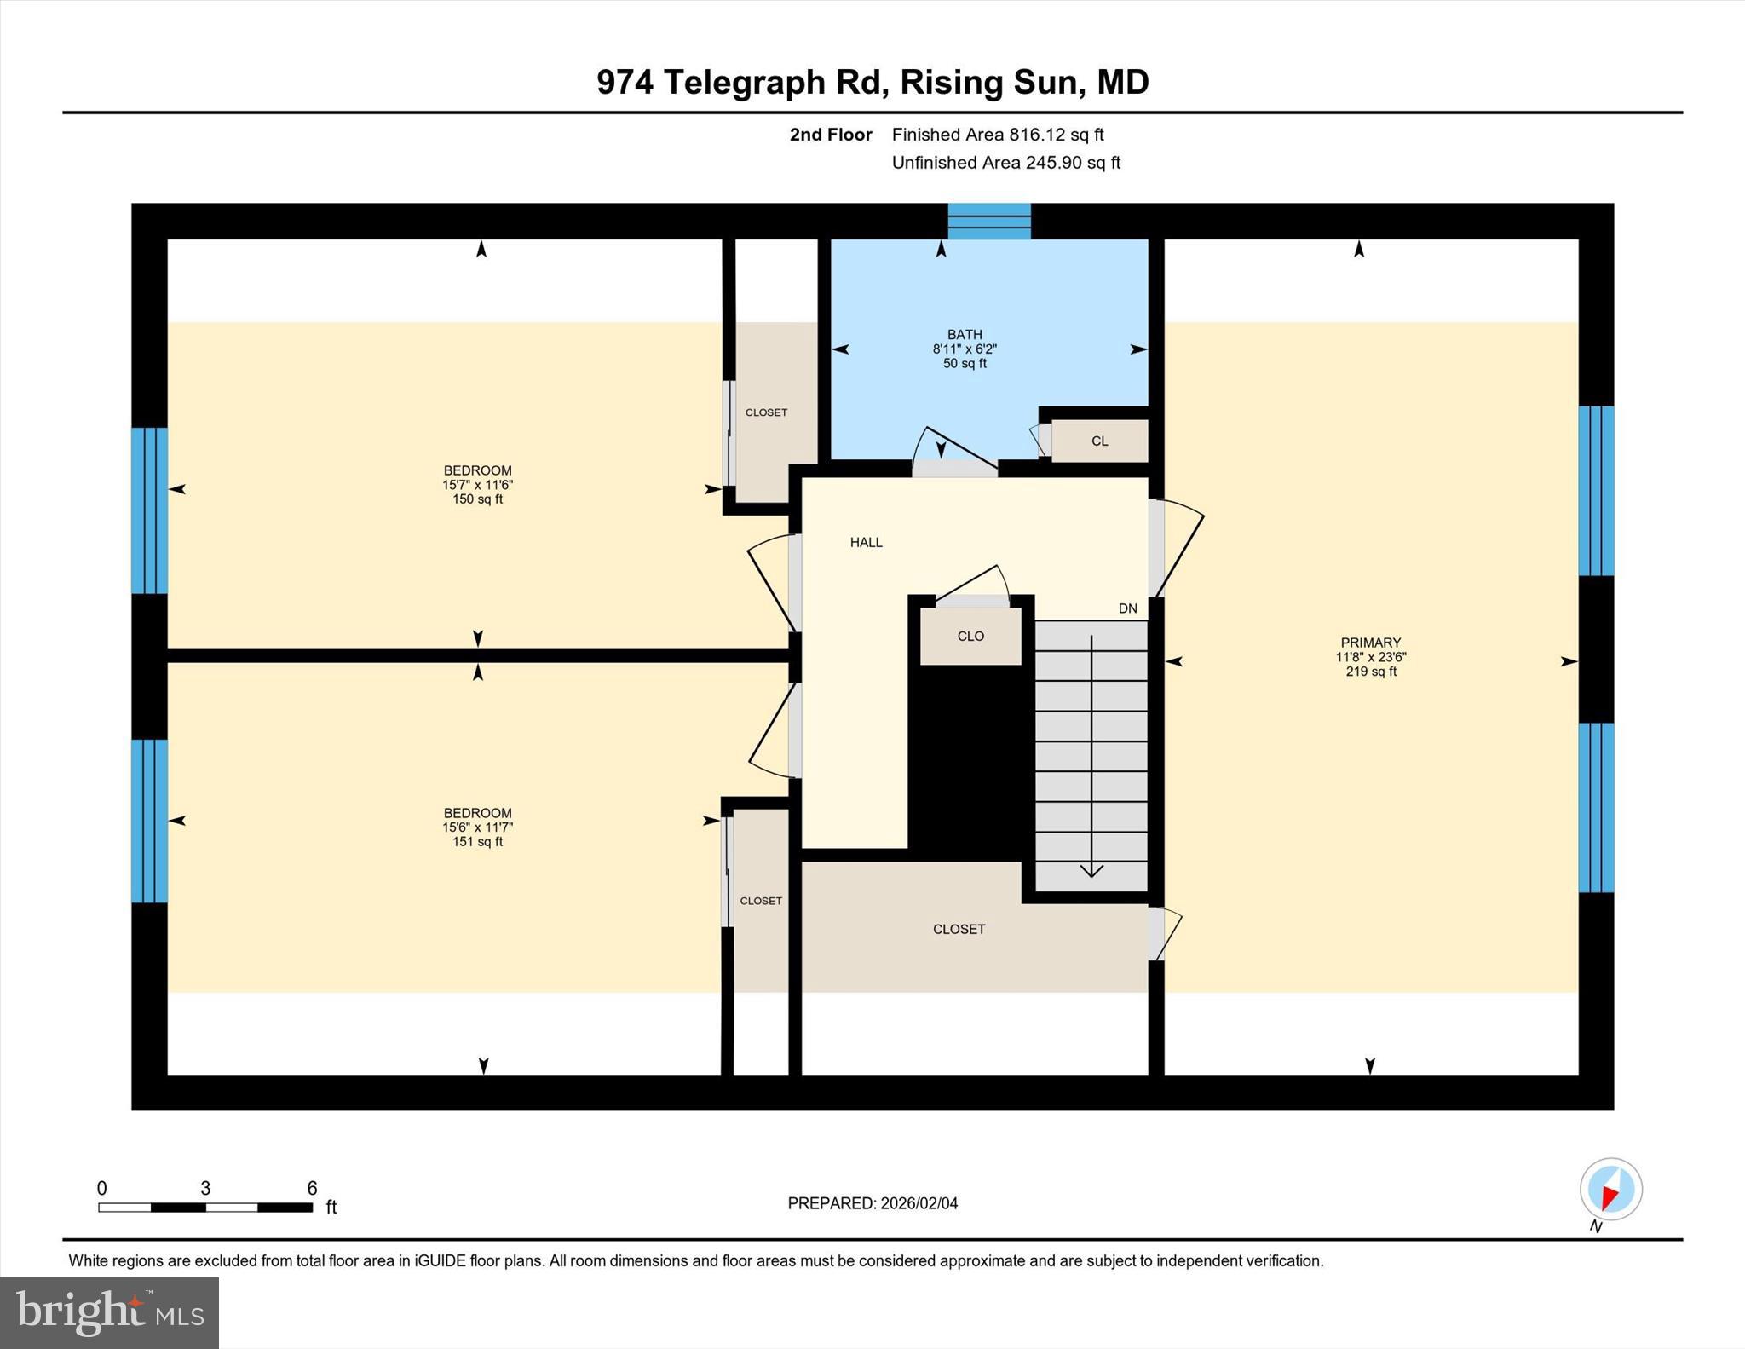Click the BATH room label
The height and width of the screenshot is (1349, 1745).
point(965,335)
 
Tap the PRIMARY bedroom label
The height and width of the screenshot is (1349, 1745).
point(1370,643)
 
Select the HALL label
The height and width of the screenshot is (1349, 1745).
point(866,542)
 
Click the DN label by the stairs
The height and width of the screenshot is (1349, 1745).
point(1127,608)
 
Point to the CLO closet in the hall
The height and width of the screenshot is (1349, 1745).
point(970,636)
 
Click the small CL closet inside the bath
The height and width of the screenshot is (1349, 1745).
point(1099,441)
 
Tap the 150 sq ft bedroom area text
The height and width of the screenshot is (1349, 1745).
point(477,499)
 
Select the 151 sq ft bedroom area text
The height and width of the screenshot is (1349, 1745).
point(477,842)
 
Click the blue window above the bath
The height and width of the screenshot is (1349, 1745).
point(989,221)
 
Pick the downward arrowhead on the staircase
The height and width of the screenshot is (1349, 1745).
point(1091,870)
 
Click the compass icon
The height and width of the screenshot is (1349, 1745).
point(1610,1190)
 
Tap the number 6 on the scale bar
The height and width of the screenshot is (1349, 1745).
point(312,1188)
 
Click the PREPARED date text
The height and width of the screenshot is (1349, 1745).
point(872,1203)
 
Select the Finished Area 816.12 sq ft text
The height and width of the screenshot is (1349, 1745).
point(997,135)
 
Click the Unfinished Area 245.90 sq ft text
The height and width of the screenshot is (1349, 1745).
point(1005,163)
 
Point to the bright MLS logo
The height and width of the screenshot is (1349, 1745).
point(109,1312)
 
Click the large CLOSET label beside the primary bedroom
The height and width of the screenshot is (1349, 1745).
point(959,929)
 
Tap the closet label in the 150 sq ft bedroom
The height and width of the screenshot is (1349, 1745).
point(766,412)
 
